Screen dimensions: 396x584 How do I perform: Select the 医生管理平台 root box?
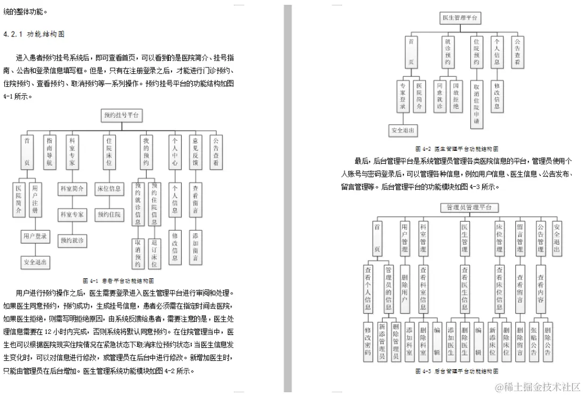coord(460,18)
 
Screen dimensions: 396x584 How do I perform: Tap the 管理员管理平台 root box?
coord(469,207)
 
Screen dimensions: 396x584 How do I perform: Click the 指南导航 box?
coord(50,152)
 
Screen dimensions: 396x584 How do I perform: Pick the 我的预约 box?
coord(146,152)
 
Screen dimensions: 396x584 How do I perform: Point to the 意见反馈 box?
coord(196,152)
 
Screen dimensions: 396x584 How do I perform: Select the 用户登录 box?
coord(35,236)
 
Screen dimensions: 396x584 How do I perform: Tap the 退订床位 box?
coord(154,253)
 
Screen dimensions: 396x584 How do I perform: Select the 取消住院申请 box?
coord(476,104)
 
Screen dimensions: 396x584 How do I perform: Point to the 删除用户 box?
coord(405,290)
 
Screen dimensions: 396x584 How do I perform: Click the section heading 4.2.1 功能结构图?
coord(34,34)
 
